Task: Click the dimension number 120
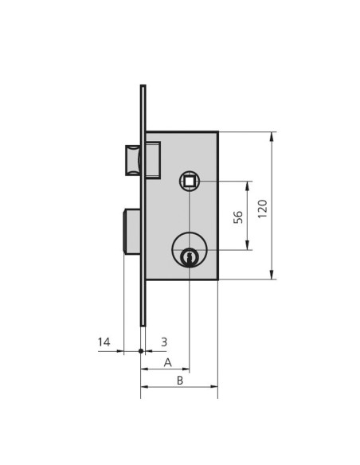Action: point(263,209)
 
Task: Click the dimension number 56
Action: point(238,217)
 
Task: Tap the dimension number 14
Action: point(104,342)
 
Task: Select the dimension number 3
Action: point(164,342)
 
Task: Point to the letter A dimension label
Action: point(168,362)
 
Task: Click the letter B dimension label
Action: point(180,381)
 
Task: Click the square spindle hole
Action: point(189,181)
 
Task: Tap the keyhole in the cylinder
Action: point(189,256)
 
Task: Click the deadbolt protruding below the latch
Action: point(131,232)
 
